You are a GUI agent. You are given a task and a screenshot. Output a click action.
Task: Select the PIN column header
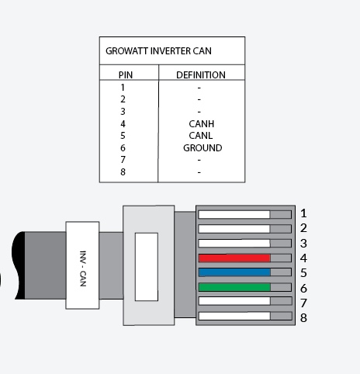coord(125,75)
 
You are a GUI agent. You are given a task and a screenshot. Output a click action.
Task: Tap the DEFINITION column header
coord(200,75)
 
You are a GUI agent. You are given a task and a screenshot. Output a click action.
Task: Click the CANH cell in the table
coord(200,123)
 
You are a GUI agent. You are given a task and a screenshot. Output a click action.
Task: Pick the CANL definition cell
coord(200,136)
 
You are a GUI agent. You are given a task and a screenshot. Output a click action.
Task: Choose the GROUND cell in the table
coord(202,147)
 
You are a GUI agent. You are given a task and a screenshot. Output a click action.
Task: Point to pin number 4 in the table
coord(123,123)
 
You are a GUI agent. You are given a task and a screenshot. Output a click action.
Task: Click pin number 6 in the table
coord(123,147)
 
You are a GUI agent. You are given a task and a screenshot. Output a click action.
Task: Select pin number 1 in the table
coord(123,88)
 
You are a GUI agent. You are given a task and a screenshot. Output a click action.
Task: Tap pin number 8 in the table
coord(123,171)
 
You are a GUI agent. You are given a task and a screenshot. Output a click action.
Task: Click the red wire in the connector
coord(234,258)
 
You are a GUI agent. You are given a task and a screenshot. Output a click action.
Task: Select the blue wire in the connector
coord(234,272)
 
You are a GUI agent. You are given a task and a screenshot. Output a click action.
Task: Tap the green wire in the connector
coord(234,287)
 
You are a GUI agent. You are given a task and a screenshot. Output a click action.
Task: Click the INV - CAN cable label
coord(82,265)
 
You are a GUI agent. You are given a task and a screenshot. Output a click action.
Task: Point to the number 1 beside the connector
coord(303,213)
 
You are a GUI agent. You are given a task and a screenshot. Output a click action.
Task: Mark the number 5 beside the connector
coord(303,272)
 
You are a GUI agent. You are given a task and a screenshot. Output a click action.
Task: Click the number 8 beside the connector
coord(303,317)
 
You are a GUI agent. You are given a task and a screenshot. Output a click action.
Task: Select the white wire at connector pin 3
coord(234,243)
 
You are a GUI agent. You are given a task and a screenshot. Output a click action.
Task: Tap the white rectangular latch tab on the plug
coord(146,266)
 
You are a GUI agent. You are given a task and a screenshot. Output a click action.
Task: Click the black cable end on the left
coord(19,265)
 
